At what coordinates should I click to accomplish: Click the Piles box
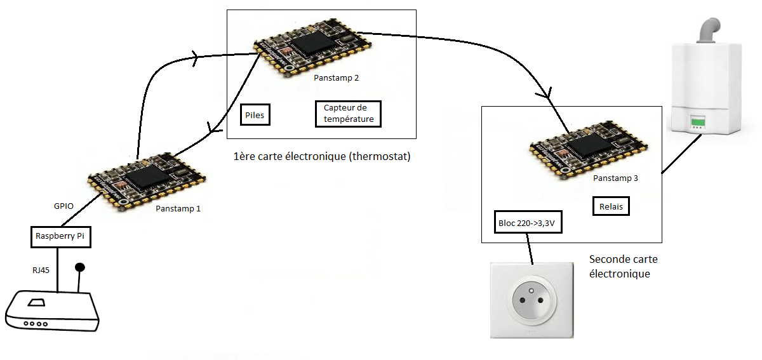coord(255,116)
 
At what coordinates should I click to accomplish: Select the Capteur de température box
coord(348,114)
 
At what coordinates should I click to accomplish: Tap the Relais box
coord(610,206)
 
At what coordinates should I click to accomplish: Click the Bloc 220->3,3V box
coord(528,223)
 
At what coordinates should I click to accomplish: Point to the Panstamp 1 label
coord(178,208)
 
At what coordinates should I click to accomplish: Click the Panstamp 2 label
coord(336,78)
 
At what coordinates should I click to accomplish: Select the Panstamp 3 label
coord(615,178)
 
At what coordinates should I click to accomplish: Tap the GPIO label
coord(64,206)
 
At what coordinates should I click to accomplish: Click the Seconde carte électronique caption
coord(623,267)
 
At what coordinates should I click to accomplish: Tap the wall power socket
coord(532,300)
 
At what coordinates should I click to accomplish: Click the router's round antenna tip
coord(80,267)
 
